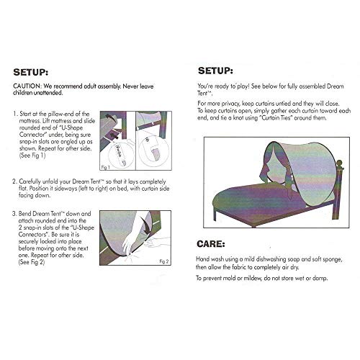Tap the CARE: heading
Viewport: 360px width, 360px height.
214,243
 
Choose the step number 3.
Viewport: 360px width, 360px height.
15,214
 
